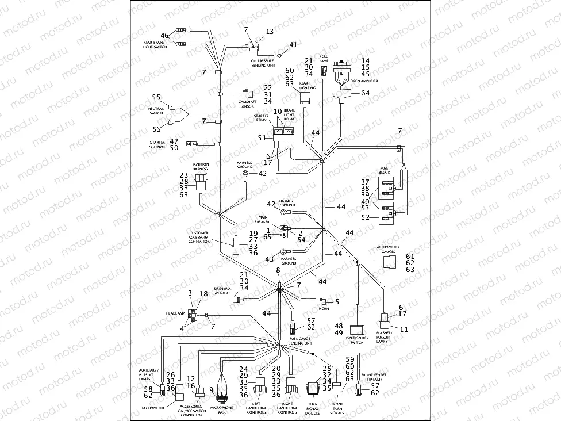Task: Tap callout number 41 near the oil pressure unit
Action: [x=293, y=45]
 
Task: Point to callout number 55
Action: [x=156, y=97]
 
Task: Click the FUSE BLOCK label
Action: [x=385, y=171]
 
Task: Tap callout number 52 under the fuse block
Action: [x=366, y=217]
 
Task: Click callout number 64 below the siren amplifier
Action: [x=366, y=93]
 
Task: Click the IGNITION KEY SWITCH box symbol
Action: [x=358, y=331]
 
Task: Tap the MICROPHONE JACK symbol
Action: [x=221, y=393]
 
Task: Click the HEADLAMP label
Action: [x=175, y=313]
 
